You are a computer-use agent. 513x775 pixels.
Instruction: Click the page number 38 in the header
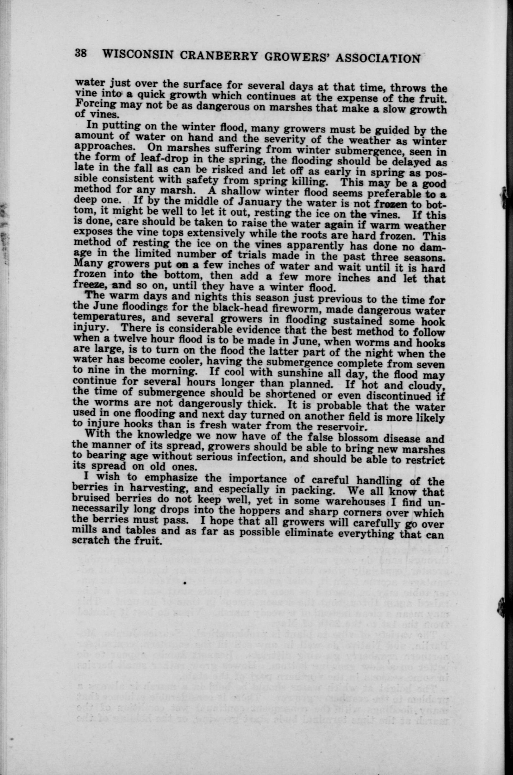(81, 53)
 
